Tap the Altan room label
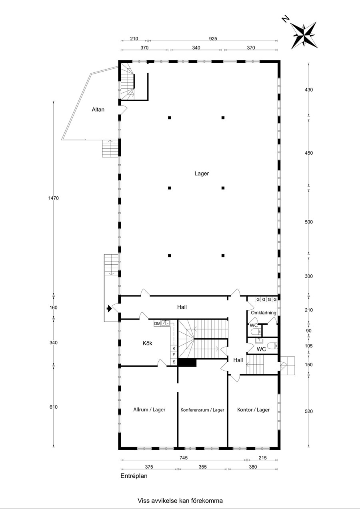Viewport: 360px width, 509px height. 98,110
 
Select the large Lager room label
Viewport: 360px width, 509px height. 202,174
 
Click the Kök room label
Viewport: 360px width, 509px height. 147,343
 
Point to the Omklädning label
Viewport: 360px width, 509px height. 264,313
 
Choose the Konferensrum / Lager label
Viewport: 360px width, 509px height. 202,410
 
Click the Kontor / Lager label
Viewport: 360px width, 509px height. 254,410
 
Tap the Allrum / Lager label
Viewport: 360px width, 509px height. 149,410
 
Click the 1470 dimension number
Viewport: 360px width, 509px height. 54,198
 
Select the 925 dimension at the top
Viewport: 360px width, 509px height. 213,39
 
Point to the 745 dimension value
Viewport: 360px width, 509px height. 184,458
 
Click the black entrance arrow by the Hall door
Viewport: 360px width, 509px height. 109,308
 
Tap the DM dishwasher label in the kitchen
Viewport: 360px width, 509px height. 157,323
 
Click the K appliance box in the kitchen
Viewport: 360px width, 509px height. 174,348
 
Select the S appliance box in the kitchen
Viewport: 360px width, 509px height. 174,362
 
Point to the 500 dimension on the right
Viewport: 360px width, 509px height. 309,222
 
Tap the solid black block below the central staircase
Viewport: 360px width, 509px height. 187,362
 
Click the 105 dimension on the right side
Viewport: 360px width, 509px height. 309,346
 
